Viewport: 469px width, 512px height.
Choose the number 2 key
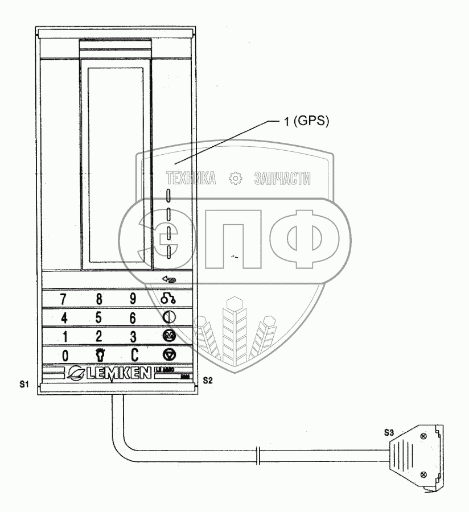(x=99, y=336)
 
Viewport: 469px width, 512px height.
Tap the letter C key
(x=134, y=355)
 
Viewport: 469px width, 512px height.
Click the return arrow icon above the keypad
(x=169, y=279)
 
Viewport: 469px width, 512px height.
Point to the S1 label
(x=24, y=385)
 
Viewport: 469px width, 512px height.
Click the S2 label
(x=207, y=381)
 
